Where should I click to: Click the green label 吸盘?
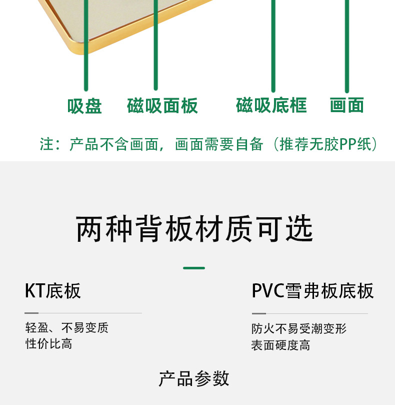point(84,106)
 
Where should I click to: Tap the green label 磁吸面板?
point(162,106)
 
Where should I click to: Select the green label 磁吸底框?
point(271,106)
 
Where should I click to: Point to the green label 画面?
point(346,106)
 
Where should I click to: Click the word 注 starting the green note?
point(46,145)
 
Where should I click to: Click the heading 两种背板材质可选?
point(194,230)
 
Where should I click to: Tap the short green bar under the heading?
point(194,268)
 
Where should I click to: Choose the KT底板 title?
point(52,291)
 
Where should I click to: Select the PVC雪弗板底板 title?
point(312,291)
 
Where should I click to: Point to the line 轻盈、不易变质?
point(67,328)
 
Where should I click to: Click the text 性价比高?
point(49,344)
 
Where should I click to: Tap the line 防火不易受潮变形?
point(299,329)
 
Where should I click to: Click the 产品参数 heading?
point(194,378)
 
